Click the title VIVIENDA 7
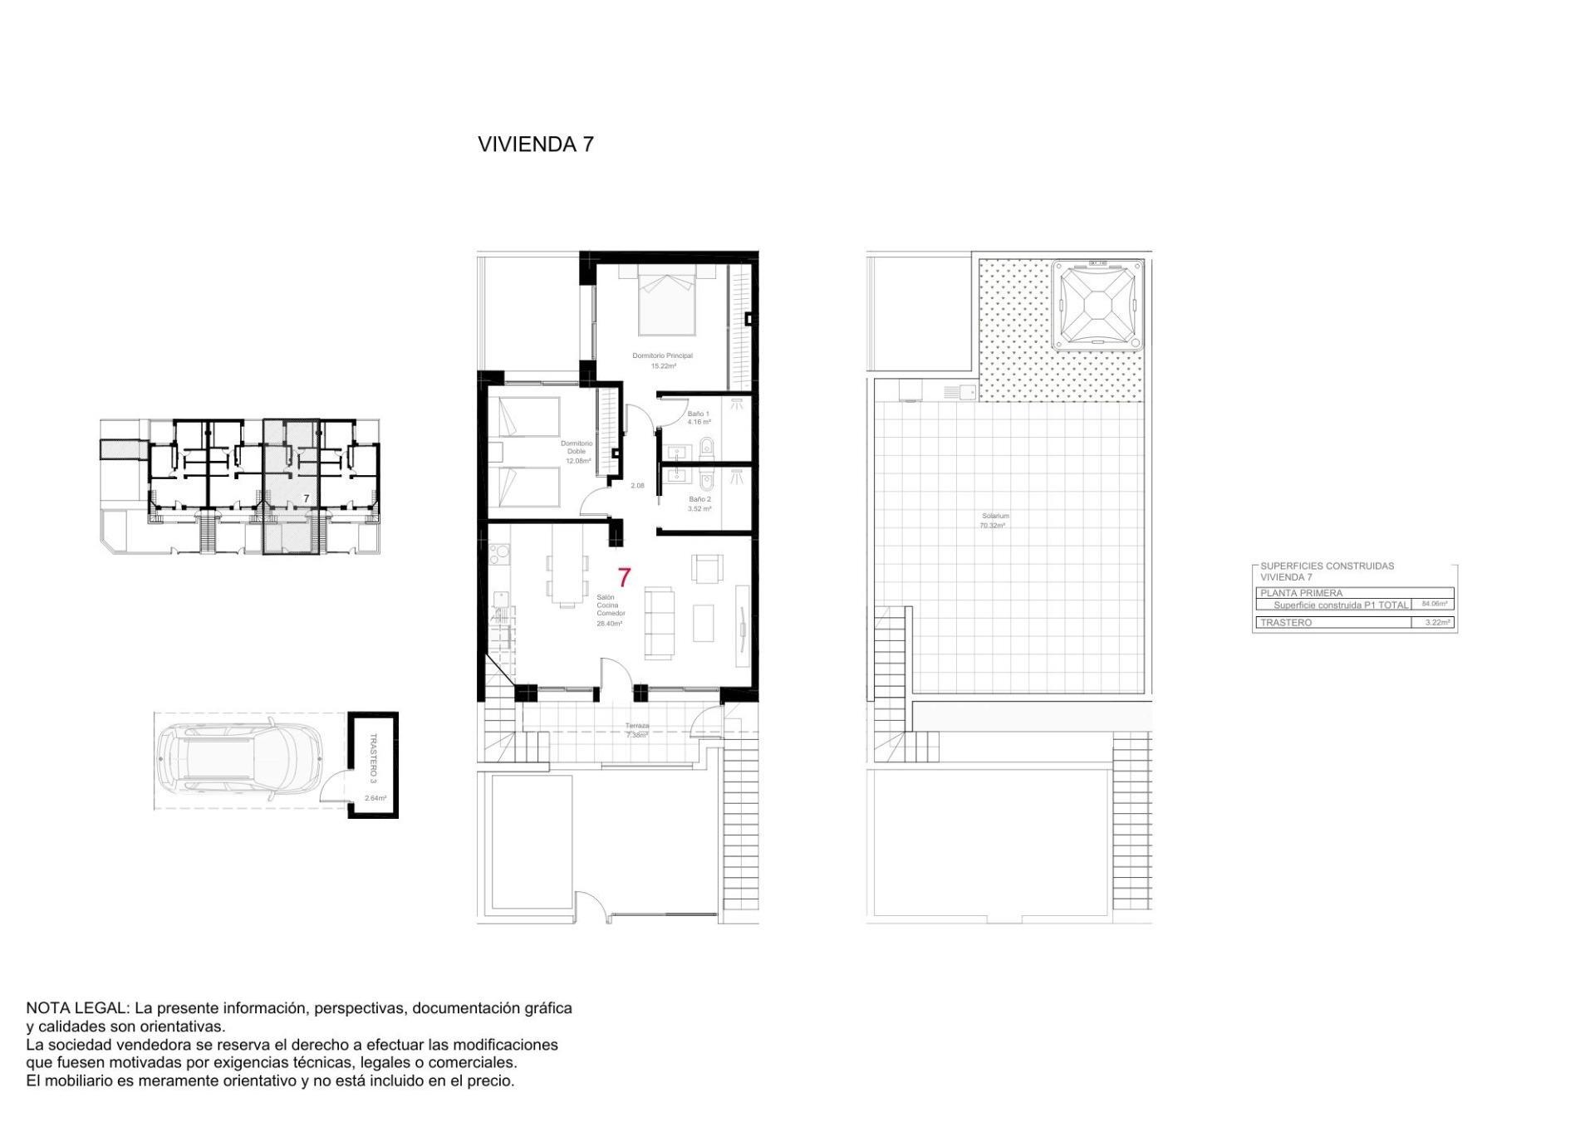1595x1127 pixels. click(535, 144)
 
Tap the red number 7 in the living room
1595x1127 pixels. click(624, 577)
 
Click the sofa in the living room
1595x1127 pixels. click(660, 623)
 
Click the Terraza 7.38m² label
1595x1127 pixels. click(637, 730)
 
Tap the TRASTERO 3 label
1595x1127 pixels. click(373, 757)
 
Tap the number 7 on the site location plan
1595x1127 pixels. click(307, 498)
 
